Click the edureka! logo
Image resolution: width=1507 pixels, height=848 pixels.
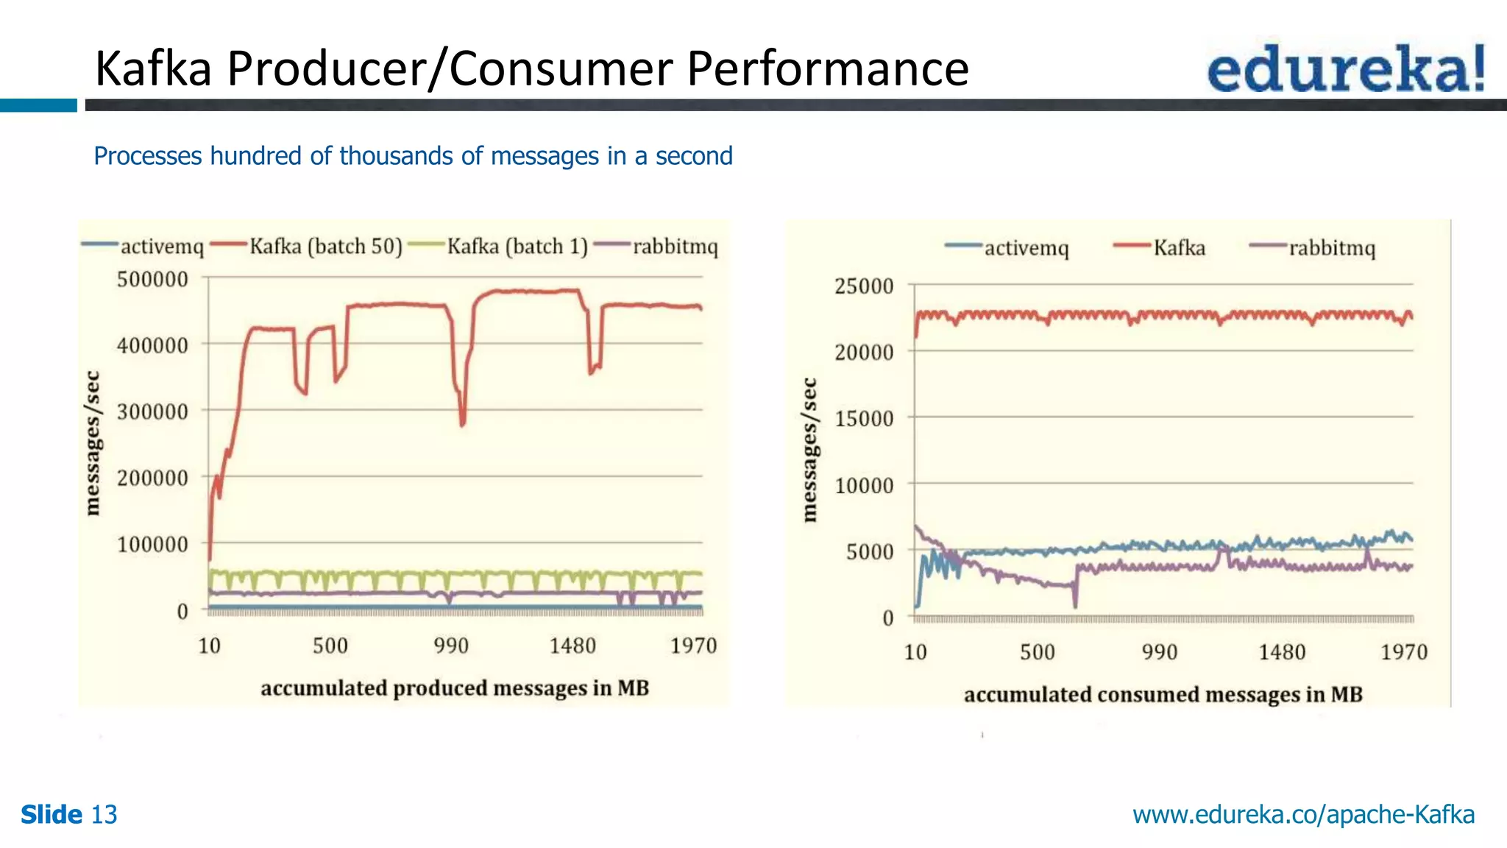(1346, 68)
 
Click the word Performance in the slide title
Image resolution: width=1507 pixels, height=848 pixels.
(828, 68)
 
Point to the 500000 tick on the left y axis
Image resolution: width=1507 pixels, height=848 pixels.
(152, 280)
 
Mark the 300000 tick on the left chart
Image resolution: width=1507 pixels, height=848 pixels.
(152, 411)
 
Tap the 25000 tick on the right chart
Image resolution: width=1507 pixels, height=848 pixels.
(863, 286)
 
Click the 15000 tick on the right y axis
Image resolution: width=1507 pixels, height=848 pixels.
(863, 419)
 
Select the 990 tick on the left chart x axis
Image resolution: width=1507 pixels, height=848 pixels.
(450, 646)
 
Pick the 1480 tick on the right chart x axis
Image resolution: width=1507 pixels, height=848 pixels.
(1281, 652)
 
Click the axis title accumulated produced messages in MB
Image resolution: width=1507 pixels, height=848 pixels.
(455, 688)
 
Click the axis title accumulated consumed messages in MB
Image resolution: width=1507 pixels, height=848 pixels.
(1163, 695)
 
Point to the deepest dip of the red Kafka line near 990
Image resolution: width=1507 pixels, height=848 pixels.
(462, 424)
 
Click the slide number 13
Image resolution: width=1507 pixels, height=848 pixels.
(104, 815)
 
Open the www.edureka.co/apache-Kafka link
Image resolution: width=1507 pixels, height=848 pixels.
(1303, 815)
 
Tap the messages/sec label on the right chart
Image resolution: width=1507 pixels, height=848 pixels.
(809, 450)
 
